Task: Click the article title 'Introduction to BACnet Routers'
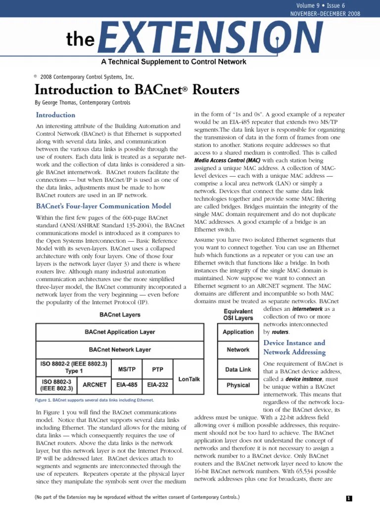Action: tap(137, 90)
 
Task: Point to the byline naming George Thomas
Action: tap(83, 103)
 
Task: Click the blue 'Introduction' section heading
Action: tap(56, 115)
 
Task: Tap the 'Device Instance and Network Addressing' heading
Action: tap(294, 348)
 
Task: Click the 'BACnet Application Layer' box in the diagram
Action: tap(120, 332)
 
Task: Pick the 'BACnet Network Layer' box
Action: tap(120, 350)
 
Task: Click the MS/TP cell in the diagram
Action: tap(127, 369)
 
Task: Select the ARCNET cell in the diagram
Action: tap(95, 385)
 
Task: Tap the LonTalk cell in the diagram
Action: tap(189, 379)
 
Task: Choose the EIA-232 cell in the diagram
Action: tap(157, 385)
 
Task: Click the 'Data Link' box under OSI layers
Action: tap(238, 369)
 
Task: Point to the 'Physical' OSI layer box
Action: tap(238, 385)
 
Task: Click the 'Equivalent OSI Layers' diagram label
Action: tap(238, 315)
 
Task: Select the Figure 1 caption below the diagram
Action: tap(94, 400)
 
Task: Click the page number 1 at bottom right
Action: tap(349, 499)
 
